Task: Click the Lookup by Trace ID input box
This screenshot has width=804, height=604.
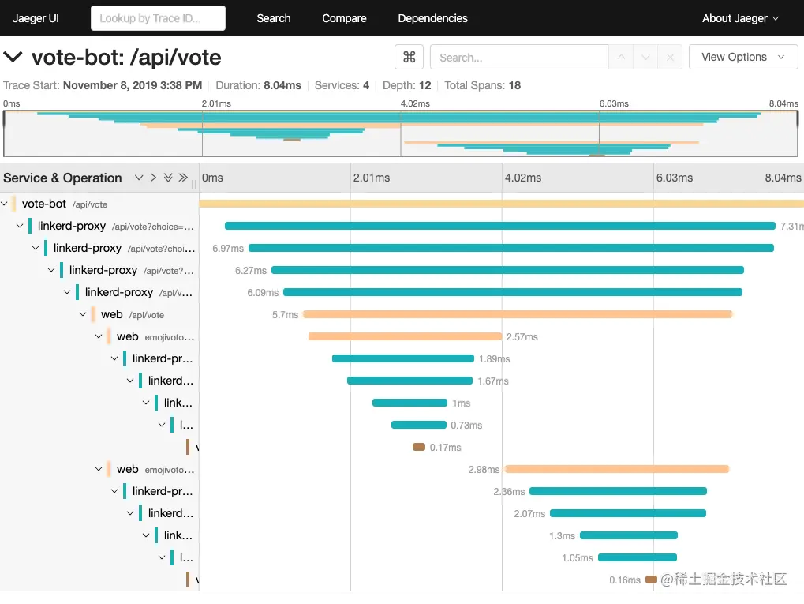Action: [x=158, y=18]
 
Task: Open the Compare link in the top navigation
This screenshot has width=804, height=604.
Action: [x=344, y=18]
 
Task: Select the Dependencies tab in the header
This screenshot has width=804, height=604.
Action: [x=432, y=18]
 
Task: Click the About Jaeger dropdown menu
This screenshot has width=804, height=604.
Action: [x=740, y=18]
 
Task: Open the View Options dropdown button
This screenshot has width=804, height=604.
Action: [x=742, y=57]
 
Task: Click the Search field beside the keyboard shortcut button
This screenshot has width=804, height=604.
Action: [x=518, y=58]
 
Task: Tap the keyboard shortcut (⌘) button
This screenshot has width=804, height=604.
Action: [x=409, y=57]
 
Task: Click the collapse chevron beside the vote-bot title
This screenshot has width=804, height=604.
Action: [x=13, y=57]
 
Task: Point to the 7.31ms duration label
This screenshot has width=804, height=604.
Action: [x=791, y=226]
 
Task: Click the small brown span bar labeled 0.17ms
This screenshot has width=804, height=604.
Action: [x=419, y=447]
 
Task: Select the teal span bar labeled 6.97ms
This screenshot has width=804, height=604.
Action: [x=510, y=248]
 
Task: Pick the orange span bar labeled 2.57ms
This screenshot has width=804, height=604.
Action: [x=405, y=336]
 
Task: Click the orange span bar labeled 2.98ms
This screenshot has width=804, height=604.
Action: [x=616, y=469]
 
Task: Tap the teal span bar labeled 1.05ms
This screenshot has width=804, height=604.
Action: [x=638, y=557]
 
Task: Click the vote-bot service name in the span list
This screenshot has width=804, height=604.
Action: [x=44, y=204]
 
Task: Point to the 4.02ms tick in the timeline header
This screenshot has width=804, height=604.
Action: [x=522, y=178]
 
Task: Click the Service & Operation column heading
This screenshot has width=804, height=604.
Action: [x=62, y=178]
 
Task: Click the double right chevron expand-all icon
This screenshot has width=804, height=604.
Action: [x=183, y=178]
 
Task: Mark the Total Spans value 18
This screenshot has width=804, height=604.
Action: [x=514, y=85]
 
